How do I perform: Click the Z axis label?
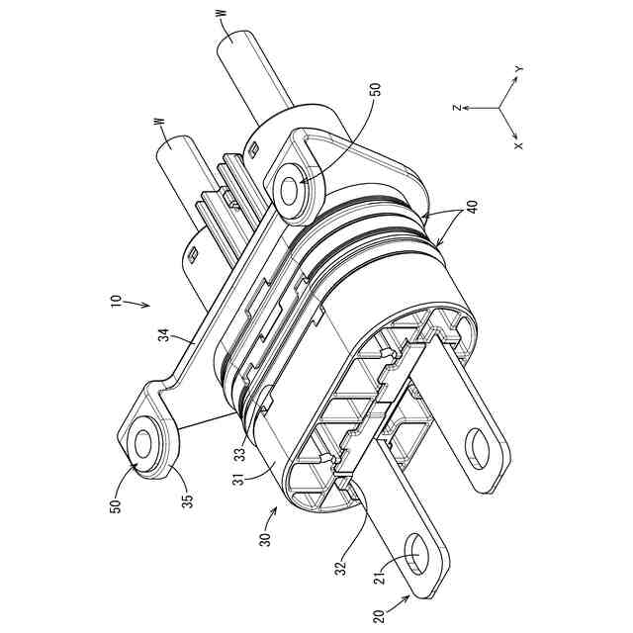click(457, 107)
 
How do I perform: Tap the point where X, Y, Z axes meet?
click(499, 107)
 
